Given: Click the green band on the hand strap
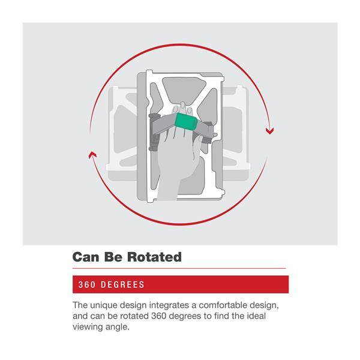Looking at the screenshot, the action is [186, 121].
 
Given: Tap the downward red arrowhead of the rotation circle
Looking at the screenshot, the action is [270, 131].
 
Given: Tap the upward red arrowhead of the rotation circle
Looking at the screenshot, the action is [92, 155].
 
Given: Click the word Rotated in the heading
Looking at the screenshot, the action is [154, 257].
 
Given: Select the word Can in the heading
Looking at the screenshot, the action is [86, 257].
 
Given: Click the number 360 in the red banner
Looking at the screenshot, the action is [87, 284].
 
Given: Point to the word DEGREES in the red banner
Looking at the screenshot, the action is [122, 284].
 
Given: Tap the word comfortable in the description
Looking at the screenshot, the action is [223, 305].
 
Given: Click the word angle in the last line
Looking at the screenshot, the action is [118, 327].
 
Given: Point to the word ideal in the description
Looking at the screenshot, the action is [256, 316].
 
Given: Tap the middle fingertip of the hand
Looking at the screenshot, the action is [182, 106].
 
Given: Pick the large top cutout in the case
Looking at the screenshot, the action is [183, 90].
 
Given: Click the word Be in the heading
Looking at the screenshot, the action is [113, 257].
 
